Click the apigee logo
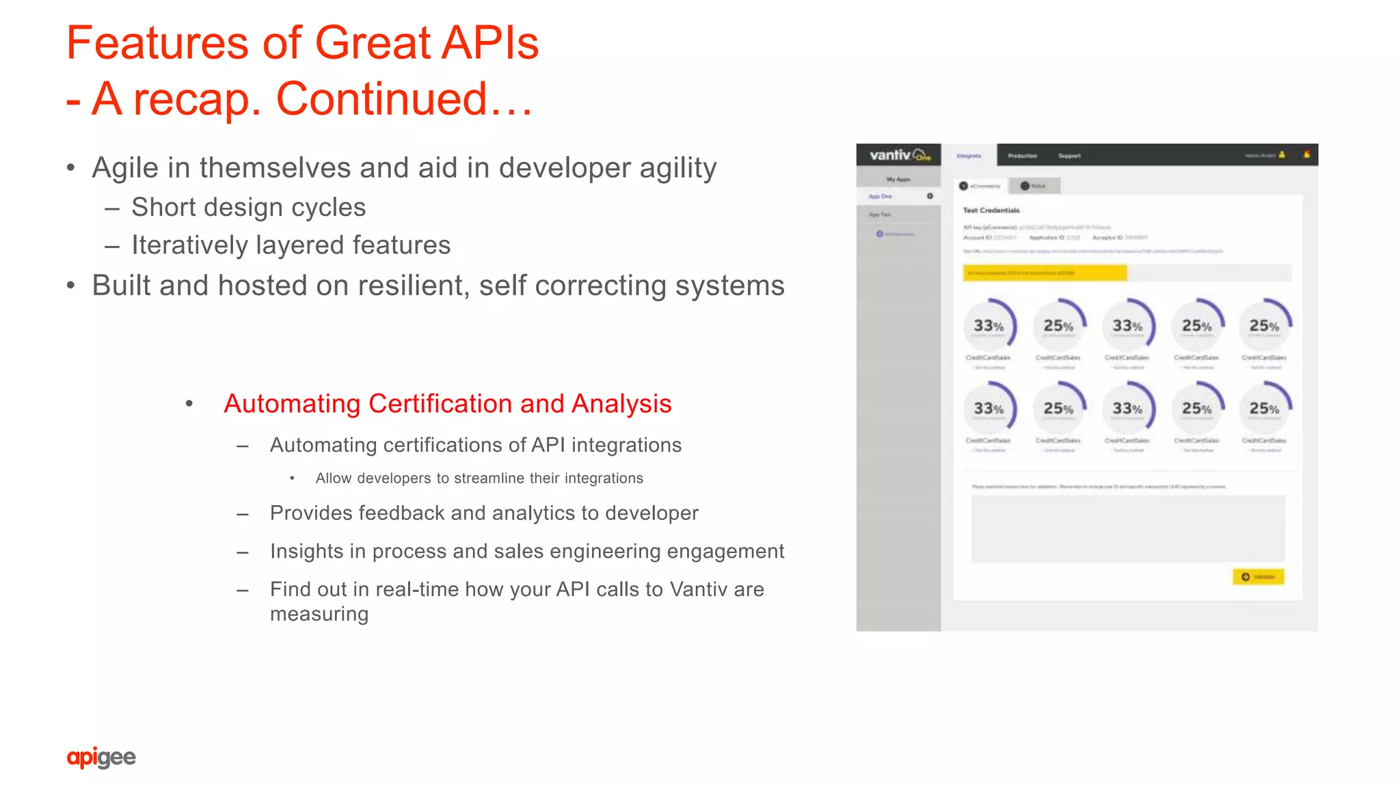click(101, 757)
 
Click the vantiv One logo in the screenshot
click(899, 155)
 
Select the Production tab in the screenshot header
click(1022, 156)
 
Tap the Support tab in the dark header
click(1069, 156)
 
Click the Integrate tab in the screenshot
click(969, 156)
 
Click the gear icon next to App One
click(930, 196)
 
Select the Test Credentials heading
click(991, 210)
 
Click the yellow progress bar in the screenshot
click(1045, 273)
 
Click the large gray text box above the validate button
click(1128, 528)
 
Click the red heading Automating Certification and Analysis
click(448, 404)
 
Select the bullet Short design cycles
click(248, 207)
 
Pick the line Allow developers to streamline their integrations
click(479, 478)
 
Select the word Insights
click(306, 551)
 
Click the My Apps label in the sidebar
click(898, 180)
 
